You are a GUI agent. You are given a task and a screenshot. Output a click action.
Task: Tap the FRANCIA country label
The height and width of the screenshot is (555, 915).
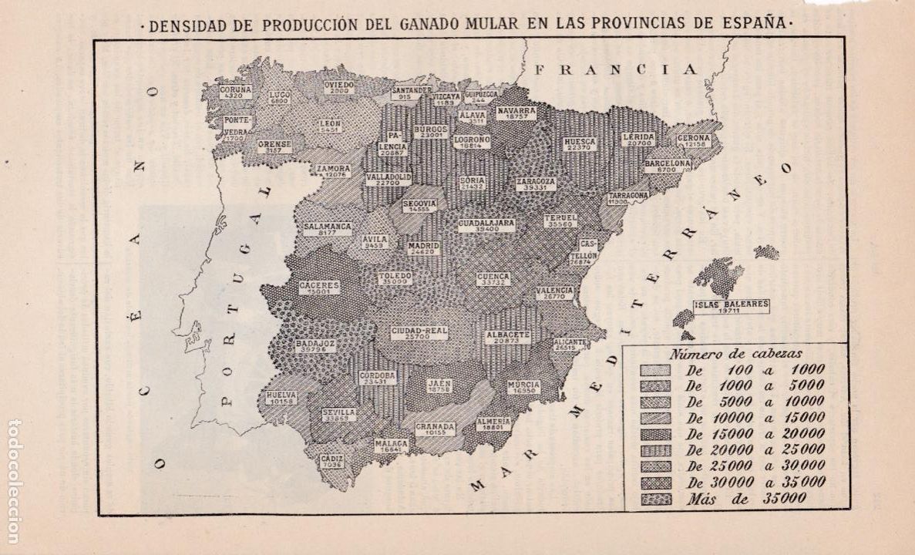616,69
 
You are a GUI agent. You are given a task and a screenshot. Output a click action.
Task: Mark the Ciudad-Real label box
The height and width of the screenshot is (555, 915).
419,334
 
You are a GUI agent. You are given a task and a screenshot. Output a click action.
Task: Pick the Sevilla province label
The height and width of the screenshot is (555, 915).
339,415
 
